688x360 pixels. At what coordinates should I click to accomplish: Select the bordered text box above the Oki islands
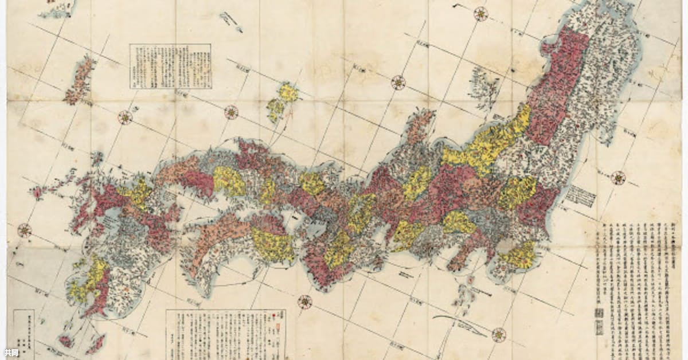click(170, 66)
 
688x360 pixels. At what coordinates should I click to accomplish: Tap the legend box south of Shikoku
click(225, 334)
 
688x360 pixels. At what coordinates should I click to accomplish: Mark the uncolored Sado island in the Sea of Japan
click(484, 88)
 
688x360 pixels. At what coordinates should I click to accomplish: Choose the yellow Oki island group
click(282, 100)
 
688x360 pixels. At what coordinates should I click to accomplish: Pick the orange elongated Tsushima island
click(79, 81)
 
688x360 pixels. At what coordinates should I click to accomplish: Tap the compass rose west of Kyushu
click(24, 230)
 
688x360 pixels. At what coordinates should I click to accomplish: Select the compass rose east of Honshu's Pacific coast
click(618, 178)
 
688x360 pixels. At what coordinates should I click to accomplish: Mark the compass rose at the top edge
click(480, 14)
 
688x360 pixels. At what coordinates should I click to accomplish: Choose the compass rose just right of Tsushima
click(124, 118)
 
